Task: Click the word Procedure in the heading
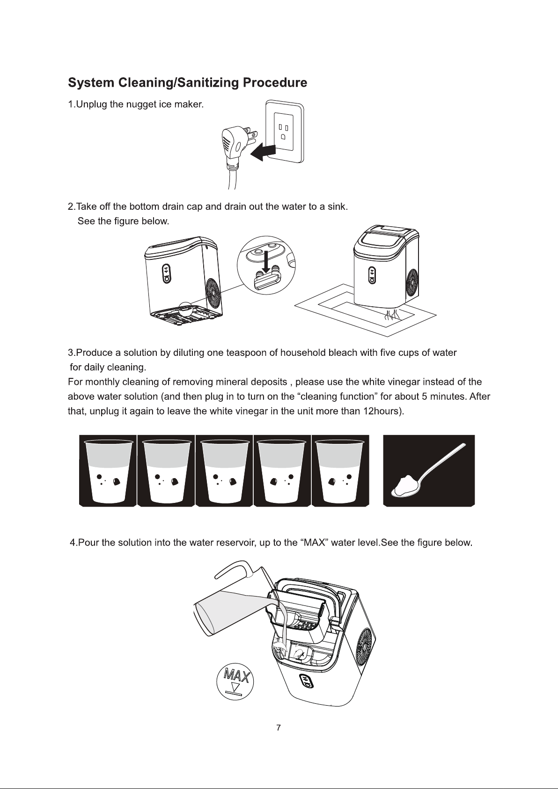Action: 275,83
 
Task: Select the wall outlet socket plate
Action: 285,132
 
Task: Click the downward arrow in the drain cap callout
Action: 266,262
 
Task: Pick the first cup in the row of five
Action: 108,471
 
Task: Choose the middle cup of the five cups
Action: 224,471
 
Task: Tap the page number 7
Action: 279,728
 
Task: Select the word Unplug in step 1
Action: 92,104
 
